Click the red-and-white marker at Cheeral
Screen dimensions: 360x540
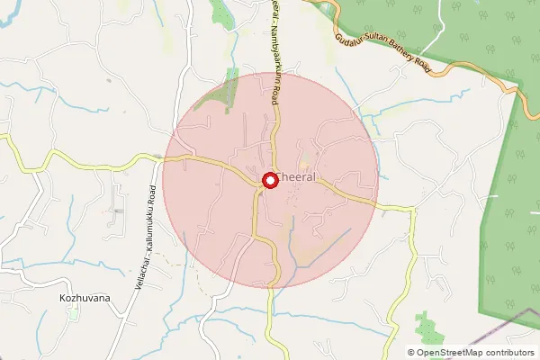pyautogui.click(x=269, y=181)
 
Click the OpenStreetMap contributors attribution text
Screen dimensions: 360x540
pyautogui.click(x=476, y=353)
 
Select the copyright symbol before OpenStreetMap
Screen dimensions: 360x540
pyautogui.click(x=411, y=353)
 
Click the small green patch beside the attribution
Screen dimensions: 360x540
pyautogui.click(x=425, y=326)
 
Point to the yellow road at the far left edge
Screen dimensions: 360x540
pyautogui.click(x=9, y=143)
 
